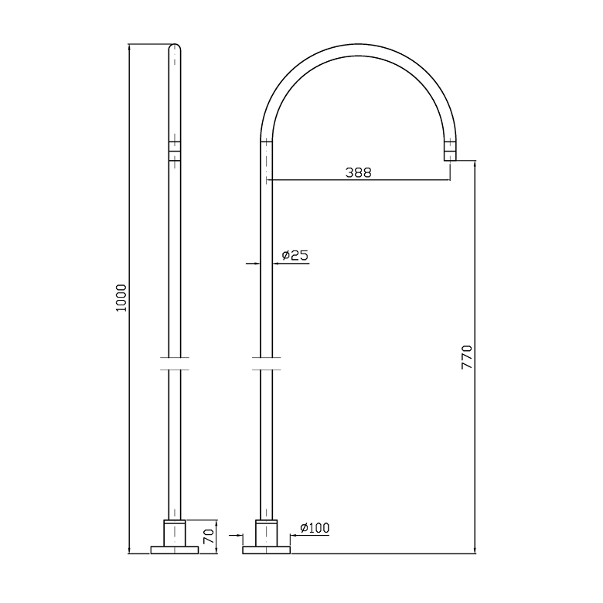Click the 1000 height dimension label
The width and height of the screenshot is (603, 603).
(121, 298)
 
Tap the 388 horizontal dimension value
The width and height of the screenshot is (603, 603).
(359, 172)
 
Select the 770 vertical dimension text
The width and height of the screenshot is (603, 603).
(466, 357)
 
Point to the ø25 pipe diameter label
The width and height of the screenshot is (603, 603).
(295, 255)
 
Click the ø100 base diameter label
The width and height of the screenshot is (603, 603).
(315, 528)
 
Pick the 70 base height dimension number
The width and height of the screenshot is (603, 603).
(209, 536)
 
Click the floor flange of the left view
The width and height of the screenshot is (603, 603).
(175, 550)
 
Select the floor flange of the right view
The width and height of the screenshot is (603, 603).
(266, 550)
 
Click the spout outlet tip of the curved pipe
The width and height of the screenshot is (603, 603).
(450, 156)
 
